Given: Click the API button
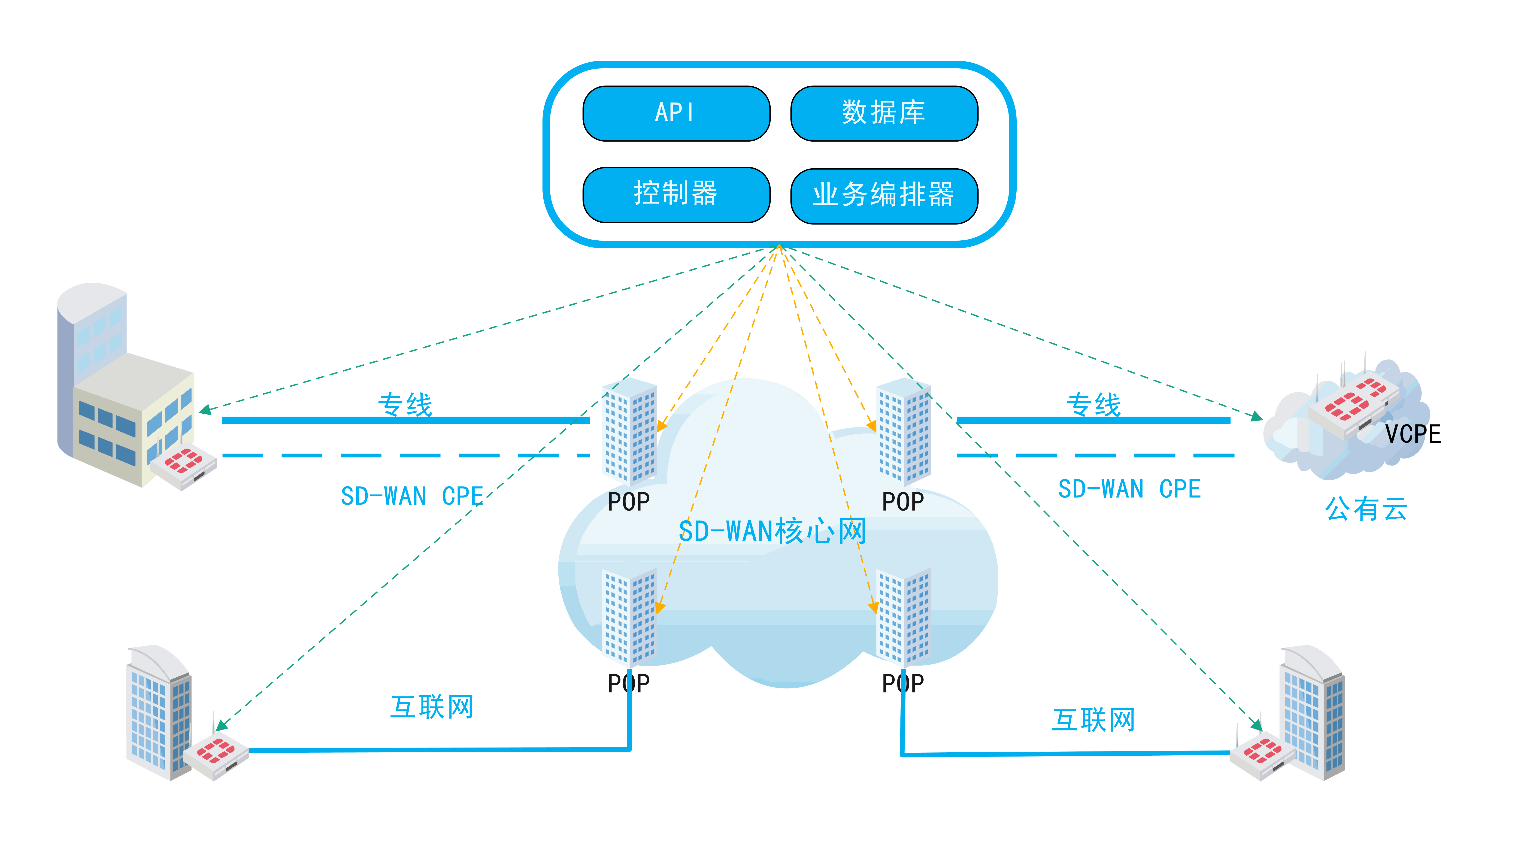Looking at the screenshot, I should pos(676,113).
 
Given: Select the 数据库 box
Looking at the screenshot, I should pos(884,113).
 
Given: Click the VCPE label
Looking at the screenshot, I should pos(1413,434).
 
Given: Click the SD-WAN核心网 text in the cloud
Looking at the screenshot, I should pos(772,531).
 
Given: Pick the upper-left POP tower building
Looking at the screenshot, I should pos(630,431).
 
